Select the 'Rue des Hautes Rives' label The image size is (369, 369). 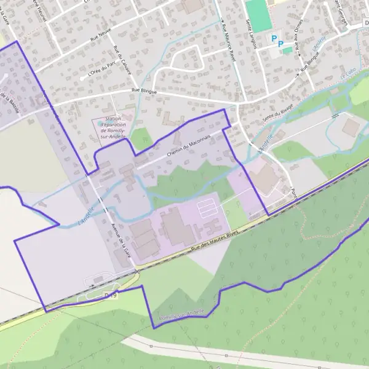coord(214,240)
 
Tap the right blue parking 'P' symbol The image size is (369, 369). coord(281,44)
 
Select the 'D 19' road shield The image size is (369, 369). coord(111,295)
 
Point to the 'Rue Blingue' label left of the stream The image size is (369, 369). coord(144,91)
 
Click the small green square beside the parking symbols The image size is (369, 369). coord(287,50)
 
